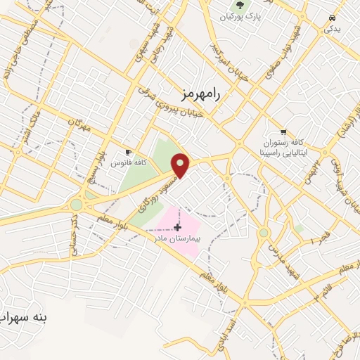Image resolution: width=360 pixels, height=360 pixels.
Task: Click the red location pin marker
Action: [x=181, y=165]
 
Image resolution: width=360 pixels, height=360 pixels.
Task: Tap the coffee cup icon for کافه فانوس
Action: [x=128, y=152]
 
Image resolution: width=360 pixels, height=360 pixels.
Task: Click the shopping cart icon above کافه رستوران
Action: [x=283, y=131]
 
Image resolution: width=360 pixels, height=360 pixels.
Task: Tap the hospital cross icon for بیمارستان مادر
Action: [x=177, y=227]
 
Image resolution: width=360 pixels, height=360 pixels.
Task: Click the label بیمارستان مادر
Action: [x=178, y=239]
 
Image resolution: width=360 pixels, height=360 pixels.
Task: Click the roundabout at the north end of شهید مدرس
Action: [x=264, y=233]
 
